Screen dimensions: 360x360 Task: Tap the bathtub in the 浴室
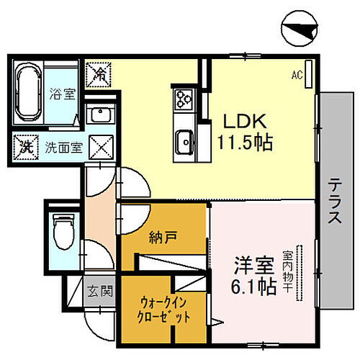(x=28, y=94)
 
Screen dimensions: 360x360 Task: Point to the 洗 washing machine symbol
(x=25, y=148)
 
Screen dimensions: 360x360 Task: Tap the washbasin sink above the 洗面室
(x=99, y=115)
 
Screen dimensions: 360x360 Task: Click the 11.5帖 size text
(x=245, y=143)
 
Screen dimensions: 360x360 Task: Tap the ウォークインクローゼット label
(x=166, y=309)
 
